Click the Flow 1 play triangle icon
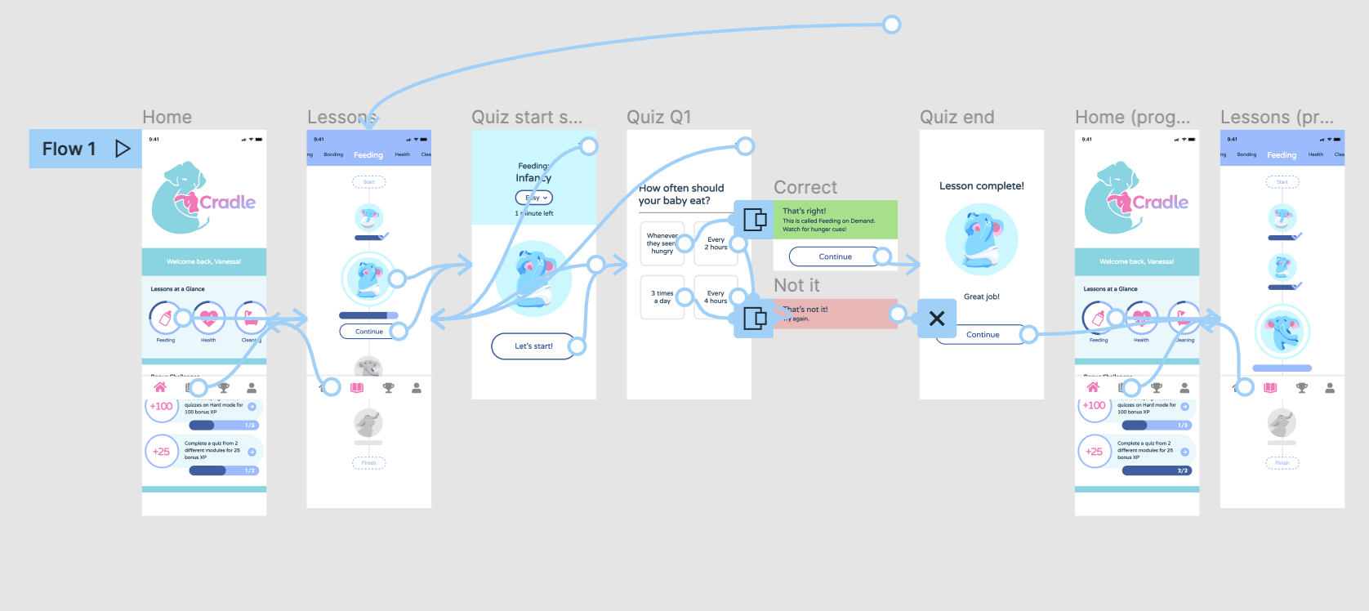tap(123, 149)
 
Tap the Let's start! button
tap(533, 346)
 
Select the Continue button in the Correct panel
tap(834, 256)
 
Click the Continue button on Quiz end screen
tap(982, 335)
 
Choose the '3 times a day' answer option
tap(662, 297)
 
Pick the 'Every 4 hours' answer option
tap(716, 297)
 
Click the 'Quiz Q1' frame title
tap(658, 118)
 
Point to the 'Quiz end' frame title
tap(957, 118)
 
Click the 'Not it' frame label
tap(796, 286)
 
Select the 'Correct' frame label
tap(805, 188)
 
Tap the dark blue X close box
tap(937, 319)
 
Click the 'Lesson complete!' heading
tap(981, 186)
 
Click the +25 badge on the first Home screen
tap(162, 451)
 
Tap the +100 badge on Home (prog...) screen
tap(1094, 406)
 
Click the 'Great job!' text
tap(981, 297)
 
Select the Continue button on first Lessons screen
tap(368, 332)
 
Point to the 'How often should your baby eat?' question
tap(681, 194)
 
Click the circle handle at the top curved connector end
tap(892, 25)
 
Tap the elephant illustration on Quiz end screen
tap(981, 239)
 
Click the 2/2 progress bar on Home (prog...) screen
tap(1157, 471)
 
